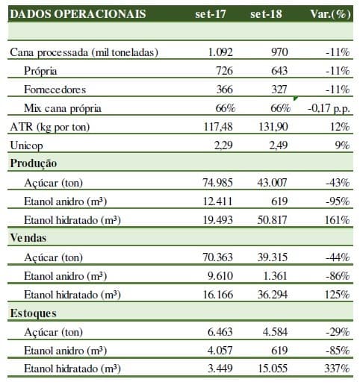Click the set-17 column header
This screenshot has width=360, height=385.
pos(211,14)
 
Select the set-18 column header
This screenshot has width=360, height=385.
pos(266,14)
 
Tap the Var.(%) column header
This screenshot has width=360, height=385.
pos(331,14)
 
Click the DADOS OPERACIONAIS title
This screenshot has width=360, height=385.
pos(78,14)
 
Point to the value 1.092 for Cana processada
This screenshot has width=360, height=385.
pos(220,52)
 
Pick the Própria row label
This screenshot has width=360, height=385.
pos(40,71)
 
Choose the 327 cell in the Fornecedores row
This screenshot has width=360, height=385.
pos(279,90)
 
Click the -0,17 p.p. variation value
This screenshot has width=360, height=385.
pos(329,108)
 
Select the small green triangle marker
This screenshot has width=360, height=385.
pos(296,98)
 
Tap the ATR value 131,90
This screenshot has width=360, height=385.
pos(273,127)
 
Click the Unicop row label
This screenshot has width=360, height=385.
pos(26,145)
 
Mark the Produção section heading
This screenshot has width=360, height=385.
pos(34,163)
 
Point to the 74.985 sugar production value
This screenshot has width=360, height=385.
pos(217,183)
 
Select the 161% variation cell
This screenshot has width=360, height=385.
pos(337,220)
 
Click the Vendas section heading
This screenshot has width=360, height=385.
pos(28,238)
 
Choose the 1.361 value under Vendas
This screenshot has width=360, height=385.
pos(275,276)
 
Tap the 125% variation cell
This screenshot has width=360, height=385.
pos(337,295)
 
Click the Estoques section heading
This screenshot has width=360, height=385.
pos(33,313)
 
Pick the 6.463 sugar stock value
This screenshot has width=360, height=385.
pos(220,332)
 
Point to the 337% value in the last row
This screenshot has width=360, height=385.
pos(337,369)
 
